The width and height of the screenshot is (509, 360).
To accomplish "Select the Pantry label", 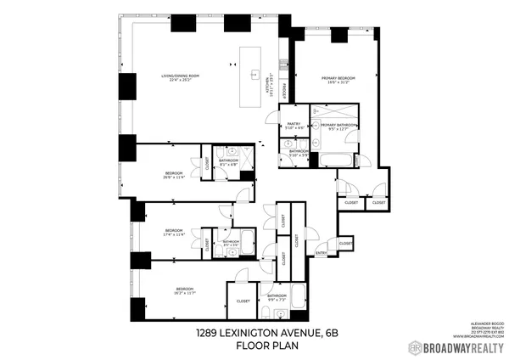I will (x=294, y=124).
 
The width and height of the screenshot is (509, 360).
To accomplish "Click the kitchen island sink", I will (x=253, y=74).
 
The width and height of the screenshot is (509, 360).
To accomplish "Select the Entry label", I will (x=322, y=253).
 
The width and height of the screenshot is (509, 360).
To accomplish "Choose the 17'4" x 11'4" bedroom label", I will (x=174, y=233).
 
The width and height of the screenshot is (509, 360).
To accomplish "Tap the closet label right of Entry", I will (x=345, y=244).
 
